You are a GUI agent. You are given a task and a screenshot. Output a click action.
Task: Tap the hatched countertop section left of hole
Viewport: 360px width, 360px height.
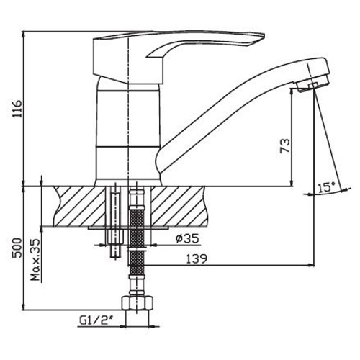coord(79,205)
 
